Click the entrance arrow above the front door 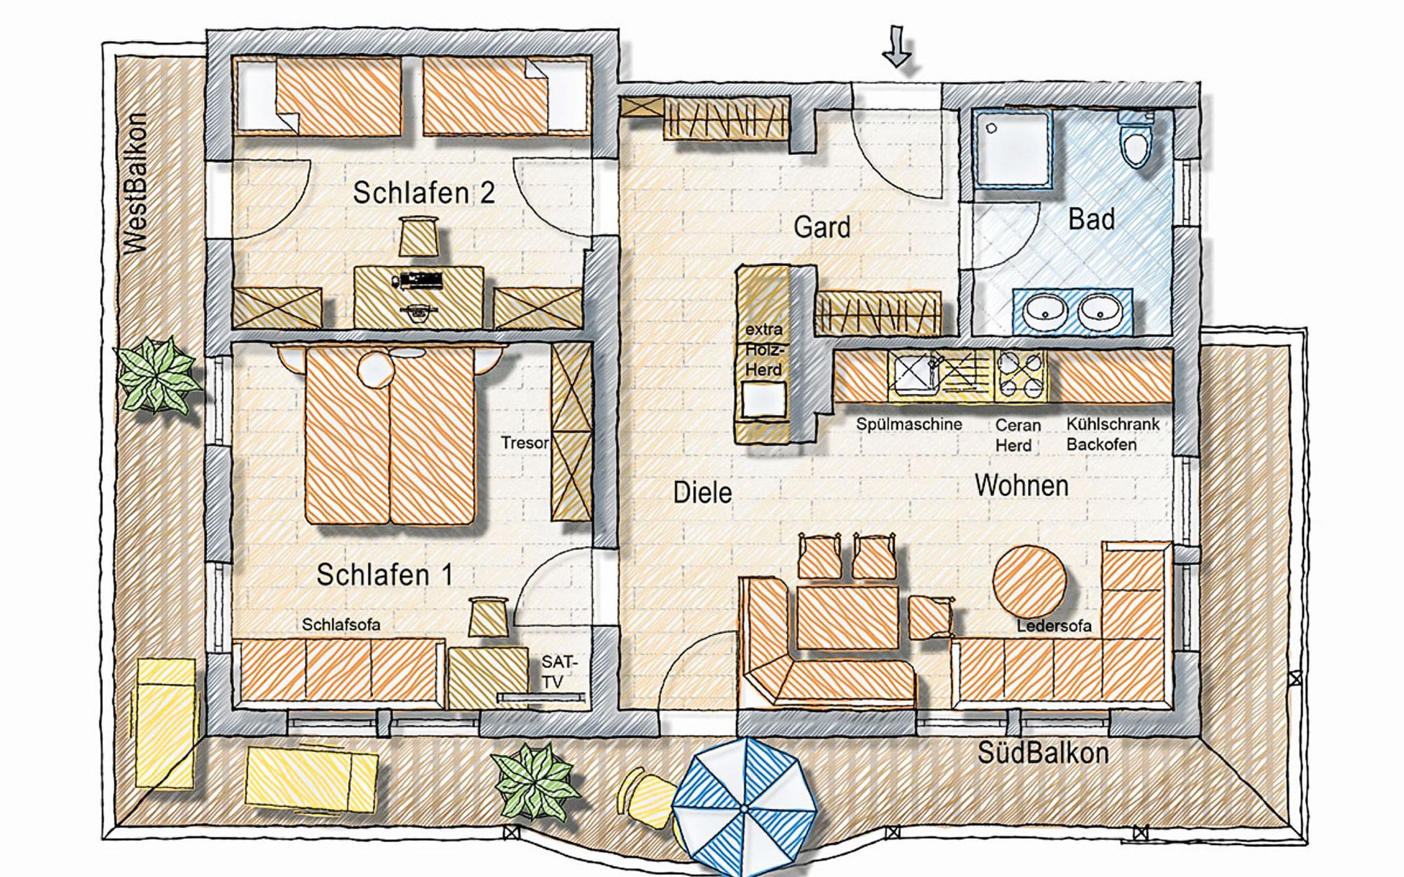pyautogui.click(x=897, y=47)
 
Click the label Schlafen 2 pyautogui.click(x=423, y=193)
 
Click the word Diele pyautogui.click(x=702, y=493)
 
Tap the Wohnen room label pyautogui.click(x=1022, y=485)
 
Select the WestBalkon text pyautogui.click(x=136, y=183)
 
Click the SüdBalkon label pyautogui.click(x=1043, y=753)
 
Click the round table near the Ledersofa pyautogui.click(x=1029, y=582)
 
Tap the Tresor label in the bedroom pyautogui.click(x=524, y=443)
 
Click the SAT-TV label pyautogui.click(x=559, y=672)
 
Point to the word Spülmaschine pyautogui.click(x=909, y=424)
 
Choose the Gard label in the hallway pyautogui.click(x=822, y=227)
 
